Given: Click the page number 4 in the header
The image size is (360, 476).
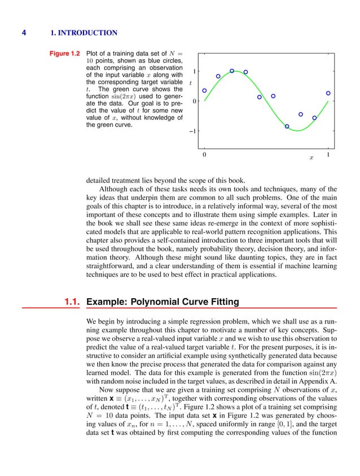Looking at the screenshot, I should click(x=24, y=32).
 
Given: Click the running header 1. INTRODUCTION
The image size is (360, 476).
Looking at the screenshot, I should click(x=84, y=32).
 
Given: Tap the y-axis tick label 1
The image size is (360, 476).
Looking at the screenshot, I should click(x=195, y=72).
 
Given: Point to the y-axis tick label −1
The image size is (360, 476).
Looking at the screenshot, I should click(x=193, y=132).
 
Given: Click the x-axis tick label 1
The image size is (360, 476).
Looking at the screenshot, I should click(x=328, y=154).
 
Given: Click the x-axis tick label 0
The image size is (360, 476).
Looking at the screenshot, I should click(x=204, y=154).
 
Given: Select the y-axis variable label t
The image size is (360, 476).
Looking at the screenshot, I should click(x=191, y=83).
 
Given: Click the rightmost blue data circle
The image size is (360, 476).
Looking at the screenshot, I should click(x=328, y=93).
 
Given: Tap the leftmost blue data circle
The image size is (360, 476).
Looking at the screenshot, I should click(x=204, y=90).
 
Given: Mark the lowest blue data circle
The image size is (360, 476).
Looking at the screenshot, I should click(x=287, y=126).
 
